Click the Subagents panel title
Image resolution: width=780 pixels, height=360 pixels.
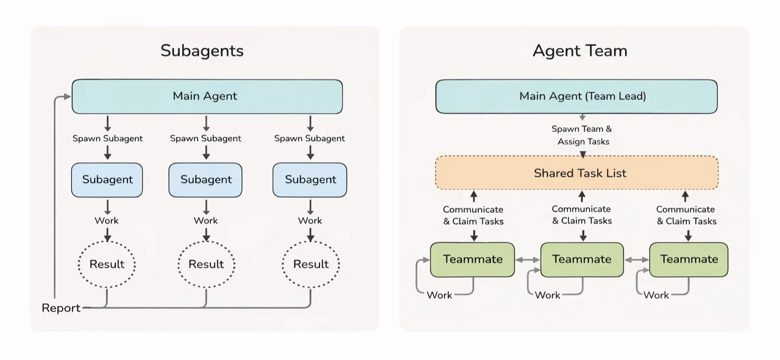click(x=202, y=51)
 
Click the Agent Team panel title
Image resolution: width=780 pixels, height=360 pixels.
click(x=580, y=51)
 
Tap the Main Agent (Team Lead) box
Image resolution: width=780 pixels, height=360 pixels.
click(x=576, y=96)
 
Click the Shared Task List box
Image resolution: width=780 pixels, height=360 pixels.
click(x=577, y=173)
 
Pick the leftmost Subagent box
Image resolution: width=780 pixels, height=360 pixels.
click(x=107, y=180)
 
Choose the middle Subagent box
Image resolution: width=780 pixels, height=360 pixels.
click(x=206, y=180)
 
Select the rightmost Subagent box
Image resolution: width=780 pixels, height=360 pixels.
click(x=310, y=180)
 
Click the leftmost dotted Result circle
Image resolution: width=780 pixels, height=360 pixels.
click(x=107, y=264)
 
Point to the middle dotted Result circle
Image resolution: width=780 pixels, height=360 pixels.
click(x=206, y=264)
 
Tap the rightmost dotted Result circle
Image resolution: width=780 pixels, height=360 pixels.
click(x=311, y=264)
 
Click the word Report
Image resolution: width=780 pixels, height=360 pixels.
click(x=61, y=308)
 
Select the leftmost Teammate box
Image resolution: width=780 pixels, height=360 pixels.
click(x=473, y=259)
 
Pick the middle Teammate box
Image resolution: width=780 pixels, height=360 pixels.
click(x=582, y=259)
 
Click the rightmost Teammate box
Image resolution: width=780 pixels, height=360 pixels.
click(x=689, y=259)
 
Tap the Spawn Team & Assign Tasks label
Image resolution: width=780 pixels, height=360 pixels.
click(x=582, y=135)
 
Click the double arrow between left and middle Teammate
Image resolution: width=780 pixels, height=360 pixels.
click(x=528, y=260)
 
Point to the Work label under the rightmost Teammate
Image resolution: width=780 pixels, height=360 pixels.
click(x=656, y=295)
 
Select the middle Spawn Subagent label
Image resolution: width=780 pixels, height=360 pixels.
click(x=206, y=138)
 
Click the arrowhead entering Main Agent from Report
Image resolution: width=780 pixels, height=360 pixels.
click(x=68, y=96)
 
